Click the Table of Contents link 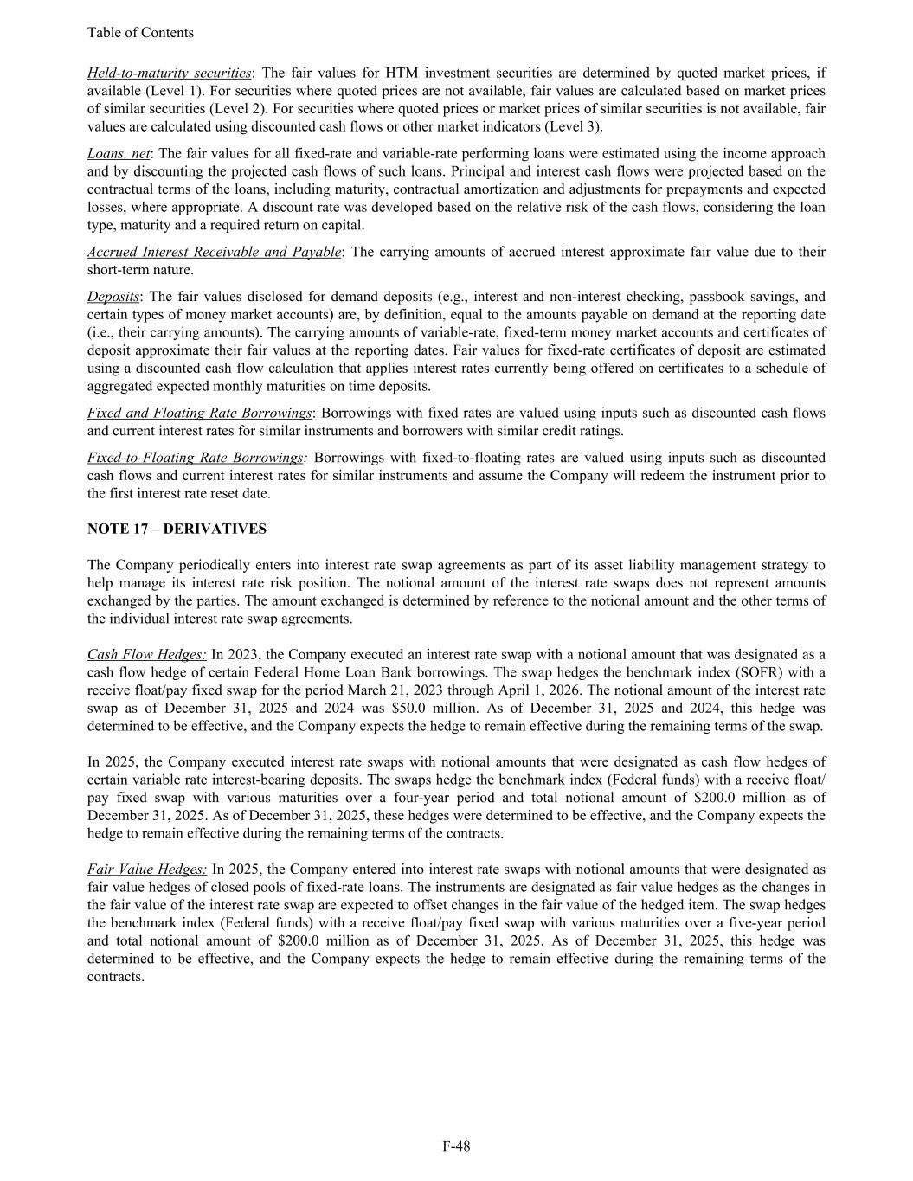pos(140,33)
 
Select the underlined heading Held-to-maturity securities pos(169,73)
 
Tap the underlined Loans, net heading pos(119,153)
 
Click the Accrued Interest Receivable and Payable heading pos(214,252)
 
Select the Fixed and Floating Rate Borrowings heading pos(199,413)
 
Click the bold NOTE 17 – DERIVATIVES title pos(177,529)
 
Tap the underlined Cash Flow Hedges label pos(146,655)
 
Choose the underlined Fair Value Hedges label pos(147,869)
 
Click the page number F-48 pos(456,1146)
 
